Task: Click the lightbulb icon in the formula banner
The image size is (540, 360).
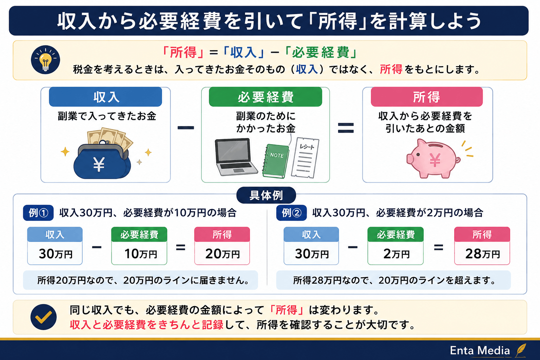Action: pyautogui.click(x=45, y=59)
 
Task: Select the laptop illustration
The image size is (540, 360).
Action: pyautogui.click(x=236, y=157)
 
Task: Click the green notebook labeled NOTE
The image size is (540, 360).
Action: pyautogui.click(x=276, y=161)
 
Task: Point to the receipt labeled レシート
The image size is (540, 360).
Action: pyautogui.click(x=305, y=158)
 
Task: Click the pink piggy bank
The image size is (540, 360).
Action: pyautogui.click(x=433, y=159)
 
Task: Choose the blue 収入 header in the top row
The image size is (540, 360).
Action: pyautogui.click(x=105, y=97)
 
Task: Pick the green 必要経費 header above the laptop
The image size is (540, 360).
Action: pyautogui.click(x=265, y=97)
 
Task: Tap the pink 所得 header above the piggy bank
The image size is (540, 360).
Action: pyautogui.click(x=427, y=97)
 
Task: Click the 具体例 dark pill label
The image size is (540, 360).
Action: pyautogui.click(x=266, y=195)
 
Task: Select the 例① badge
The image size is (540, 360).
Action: pyautogui.click(x=38, y=213)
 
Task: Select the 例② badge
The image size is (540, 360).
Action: pyautogui.click(x=291, y=213)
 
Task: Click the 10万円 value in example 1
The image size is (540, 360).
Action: pyautogui.click(x=141, y=254)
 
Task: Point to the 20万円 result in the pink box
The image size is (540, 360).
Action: pyautogui.click(x=222, y=254)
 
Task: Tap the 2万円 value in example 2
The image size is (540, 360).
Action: pyautogui.click(x=396, y=254)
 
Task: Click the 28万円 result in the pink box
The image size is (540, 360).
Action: pyautogui.click(x=482, y=254)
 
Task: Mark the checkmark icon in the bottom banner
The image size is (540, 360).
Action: pyautogui.click(x=44, y=317)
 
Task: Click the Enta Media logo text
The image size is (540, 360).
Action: pyautogui.click(x=480, y=351)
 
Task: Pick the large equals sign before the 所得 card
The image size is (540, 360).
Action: pyautogui.click(x=346, y=128)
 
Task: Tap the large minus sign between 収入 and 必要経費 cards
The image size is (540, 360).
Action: pyautogui.click(x=186, y=128)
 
